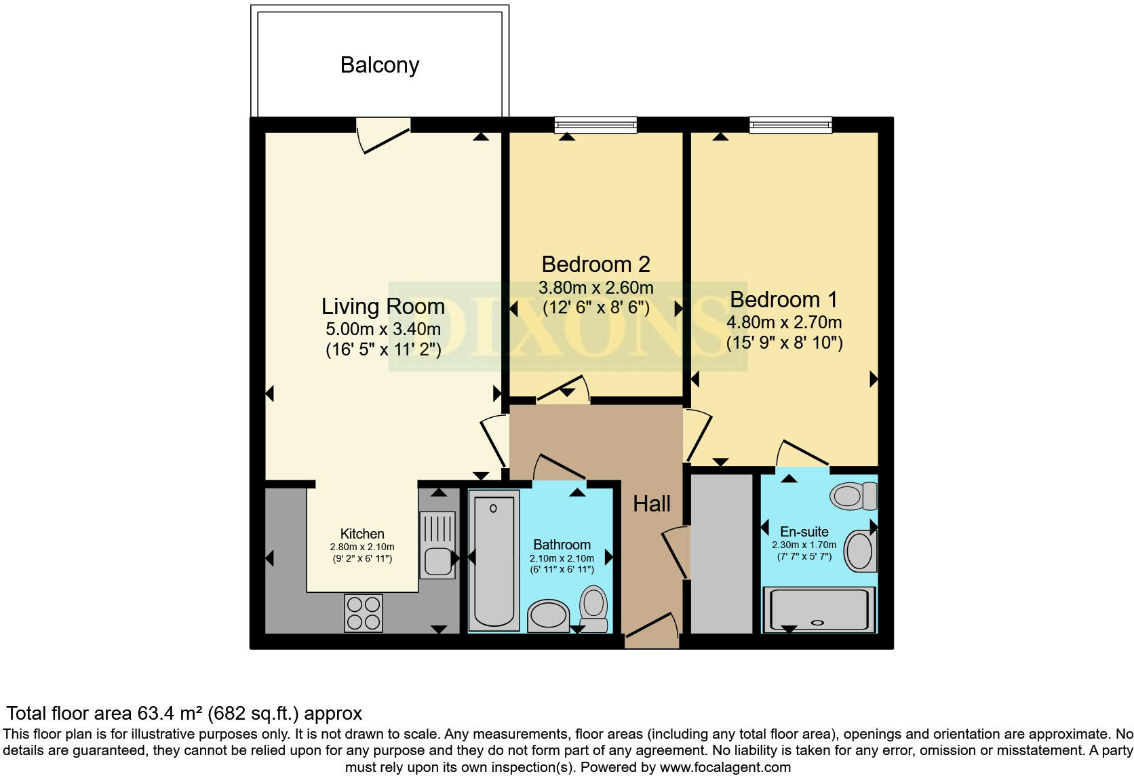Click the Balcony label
pos(380,65)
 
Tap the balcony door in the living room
pos(384,135)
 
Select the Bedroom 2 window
pos(595,124)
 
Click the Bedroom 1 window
pos(790,124)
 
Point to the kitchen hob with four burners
pos(363,612)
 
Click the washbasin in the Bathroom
pos(548,615)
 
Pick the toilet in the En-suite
pos(853,497)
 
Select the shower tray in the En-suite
pos(819,608)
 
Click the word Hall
pos(651,503)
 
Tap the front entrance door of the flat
pos(651,627)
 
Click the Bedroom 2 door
pos(563,390)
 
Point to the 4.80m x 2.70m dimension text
pos(784,322)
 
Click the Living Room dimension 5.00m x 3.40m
pos(383,329)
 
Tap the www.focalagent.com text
pos(725,767)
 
